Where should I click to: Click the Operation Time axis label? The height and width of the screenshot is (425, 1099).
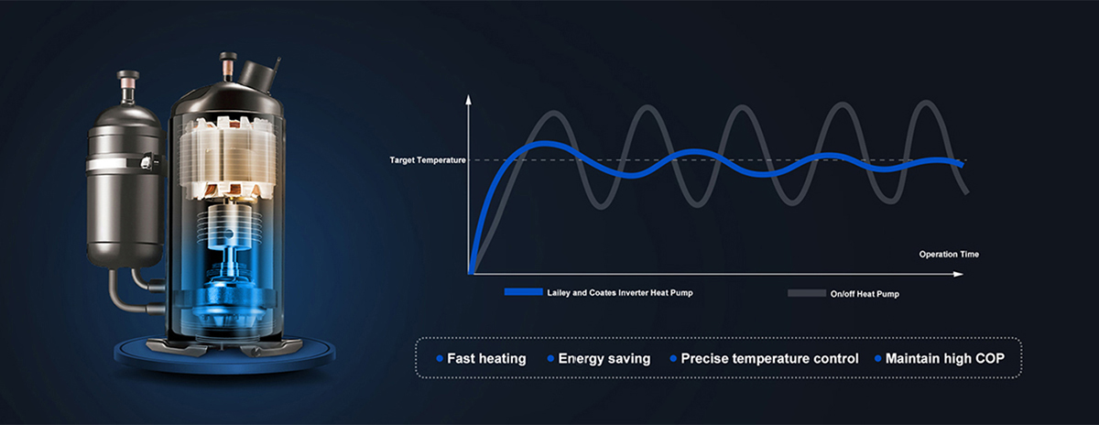tap(949, 254)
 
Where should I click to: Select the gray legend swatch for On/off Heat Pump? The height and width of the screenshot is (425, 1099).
tap(807, 292)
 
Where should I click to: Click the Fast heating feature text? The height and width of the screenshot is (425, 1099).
tap(486, 358)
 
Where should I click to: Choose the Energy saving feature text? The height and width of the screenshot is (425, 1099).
tap(604, 358)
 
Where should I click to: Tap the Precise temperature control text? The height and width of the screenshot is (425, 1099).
tap(769, 358)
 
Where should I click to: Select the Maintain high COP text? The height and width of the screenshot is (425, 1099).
tap(944, 358)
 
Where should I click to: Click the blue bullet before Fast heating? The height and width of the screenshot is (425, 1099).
tap(440, 358)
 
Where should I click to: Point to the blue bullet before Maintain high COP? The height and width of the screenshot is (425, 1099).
tap(878, 358)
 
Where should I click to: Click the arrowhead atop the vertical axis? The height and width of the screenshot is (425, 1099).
tap(469, 98)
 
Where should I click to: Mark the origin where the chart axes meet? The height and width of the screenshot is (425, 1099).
tap(470, 273)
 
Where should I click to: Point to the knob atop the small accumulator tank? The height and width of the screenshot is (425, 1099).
tap(127, 76)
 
